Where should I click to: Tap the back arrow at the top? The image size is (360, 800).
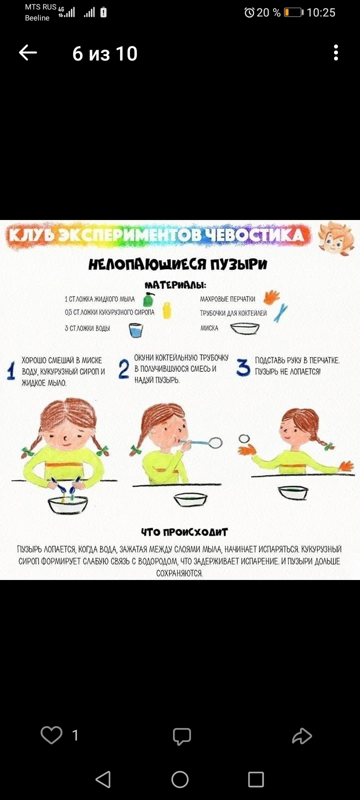click(x=28, y=53)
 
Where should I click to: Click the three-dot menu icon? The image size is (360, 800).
click(x=335, y=53)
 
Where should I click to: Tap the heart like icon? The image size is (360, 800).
click(x=51, y=735)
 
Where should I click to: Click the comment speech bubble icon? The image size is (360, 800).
click(x=182, y=736)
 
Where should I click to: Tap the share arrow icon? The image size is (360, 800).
click(x=302, y=735)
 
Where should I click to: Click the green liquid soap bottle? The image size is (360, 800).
click(x=148, y=299)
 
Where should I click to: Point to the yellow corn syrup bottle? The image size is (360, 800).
click(x=167, y=310)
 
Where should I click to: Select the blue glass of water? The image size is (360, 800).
click(x=135, y=330)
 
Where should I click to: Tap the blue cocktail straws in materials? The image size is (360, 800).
click(x=280, y=313)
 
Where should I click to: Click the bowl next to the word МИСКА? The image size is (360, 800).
click(x=244, y=328)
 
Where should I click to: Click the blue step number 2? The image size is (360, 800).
click(x=123, y=369)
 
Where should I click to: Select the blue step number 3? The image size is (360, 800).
click(x=243, y=367)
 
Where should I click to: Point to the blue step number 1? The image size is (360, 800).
click(x=11, y=370)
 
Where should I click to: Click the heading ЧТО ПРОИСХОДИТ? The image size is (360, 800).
click(x=184, y=532)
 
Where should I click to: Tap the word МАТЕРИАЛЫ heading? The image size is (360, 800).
click(x=175, y=285)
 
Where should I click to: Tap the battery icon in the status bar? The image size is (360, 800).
click(x=293, y=12)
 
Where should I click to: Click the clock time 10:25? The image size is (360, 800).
click(x=321, y=13)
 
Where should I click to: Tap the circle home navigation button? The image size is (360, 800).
click(x=179, y=779)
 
